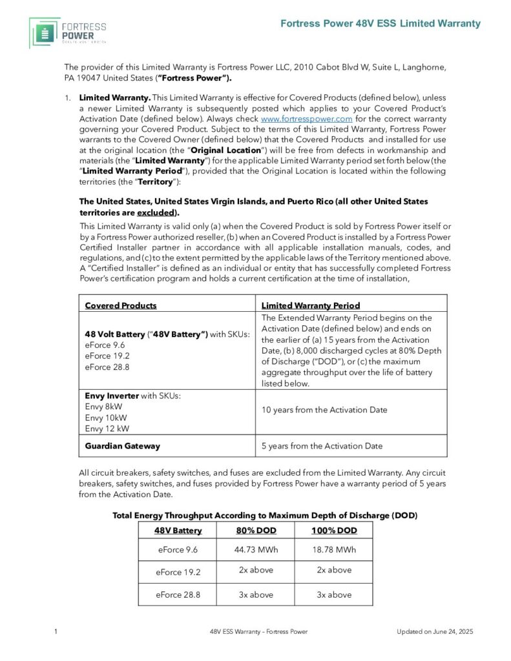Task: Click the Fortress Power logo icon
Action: pos(45,32)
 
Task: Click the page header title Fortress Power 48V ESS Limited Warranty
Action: pos(381,23)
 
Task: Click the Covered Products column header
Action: pos(121,305)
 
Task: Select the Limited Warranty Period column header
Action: pos(310,305)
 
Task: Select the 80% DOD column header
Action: pos(253,530)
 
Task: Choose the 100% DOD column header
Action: pos(333,530)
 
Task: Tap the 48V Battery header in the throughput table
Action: pos(178,530)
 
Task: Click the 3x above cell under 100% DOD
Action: pos(333,595)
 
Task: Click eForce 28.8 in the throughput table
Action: pos(178,595)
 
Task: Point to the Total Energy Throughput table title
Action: pos(265,515)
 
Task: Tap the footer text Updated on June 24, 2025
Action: pos(435,631)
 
